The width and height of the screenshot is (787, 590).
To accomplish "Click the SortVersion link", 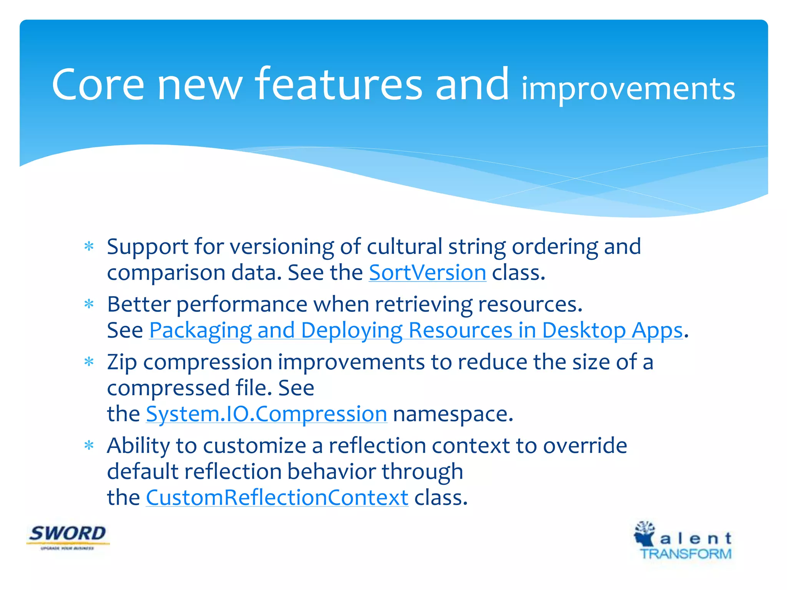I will [427, 273].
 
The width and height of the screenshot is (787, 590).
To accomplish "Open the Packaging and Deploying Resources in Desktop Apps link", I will [416, 330].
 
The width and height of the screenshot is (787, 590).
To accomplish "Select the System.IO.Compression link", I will [266, 414].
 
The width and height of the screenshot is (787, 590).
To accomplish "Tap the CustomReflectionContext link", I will [277, 498].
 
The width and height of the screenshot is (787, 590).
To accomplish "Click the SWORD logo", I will [68, 536].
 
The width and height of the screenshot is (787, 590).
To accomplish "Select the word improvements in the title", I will [628, 89].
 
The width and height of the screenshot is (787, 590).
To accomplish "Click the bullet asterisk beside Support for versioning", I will [89, 247].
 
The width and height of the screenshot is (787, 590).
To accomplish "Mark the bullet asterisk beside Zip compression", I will [89, 362].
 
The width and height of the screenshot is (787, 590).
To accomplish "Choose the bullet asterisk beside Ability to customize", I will [89, 446].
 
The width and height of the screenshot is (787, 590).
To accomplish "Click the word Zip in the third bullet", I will [122, 363].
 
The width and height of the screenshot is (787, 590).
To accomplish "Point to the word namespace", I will [453, 414].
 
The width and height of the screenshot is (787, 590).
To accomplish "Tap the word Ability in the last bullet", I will [138, 446].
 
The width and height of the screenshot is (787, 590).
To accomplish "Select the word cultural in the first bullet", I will [404, 247].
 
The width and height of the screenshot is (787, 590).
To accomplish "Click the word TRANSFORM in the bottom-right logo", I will [686, 554].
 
